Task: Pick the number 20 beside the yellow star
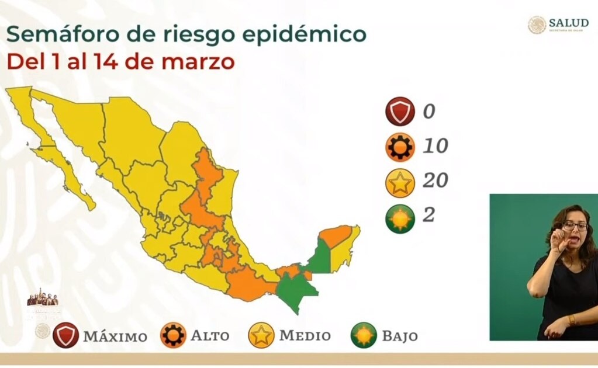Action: (435, 180)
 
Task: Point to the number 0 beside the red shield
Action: (429, 111)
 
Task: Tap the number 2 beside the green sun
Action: (428, 215)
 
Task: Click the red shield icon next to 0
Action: (400, 112)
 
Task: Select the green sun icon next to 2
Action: (400, 218)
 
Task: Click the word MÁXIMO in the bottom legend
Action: (115, 336)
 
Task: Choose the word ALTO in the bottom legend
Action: (210, 336)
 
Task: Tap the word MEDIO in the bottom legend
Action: (305, 336)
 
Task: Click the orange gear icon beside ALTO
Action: (174, 336)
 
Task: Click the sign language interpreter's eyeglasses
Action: (576, 224)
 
